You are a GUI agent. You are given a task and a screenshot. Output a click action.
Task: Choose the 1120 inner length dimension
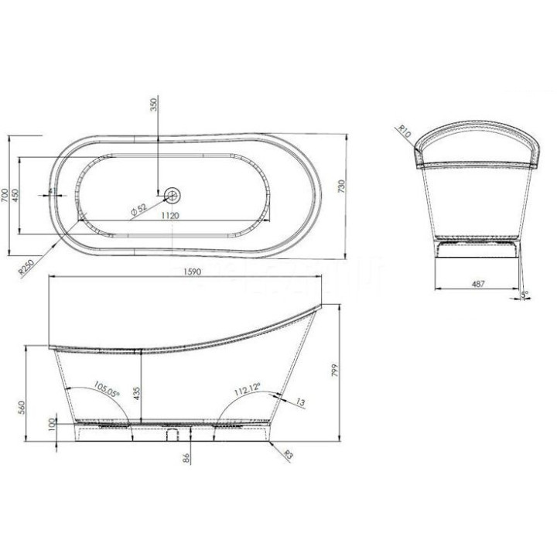pyautogui.click(x=171, y=217)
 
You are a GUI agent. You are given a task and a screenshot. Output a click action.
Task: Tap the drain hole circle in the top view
pyautogui.click(x=172, y=192)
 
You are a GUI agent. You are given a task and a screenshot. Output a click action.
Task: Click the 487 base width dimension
pyautogui.click(x=477, y=284)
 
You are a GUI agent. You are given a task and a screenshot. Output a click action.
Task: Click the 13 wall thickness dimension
pyautogui.click(x=299, y=402)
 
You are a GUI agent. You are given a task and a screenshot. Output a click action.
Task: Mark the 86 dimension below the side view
pyautogui.click(x=186, y=459)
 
